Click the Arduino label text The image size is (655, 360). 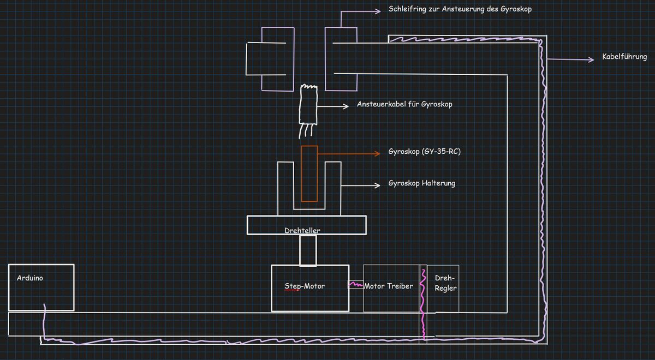pos(30,278)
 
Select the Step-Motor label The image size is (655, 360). pos(305,286)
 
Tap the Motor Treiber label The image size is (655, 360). pos(388,286)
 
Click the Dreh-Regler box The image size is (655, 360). pos(443,289)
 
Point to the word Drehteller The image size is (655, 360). pos(302,230)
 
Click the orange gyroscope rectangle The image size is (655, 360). pos(309,173)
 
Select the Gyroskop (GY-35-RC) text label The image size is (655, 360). pos(425,152)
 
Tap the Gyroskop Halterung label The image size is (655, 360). pos(422,183)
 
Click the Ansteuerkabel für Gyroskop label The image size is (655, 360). pos(404,104)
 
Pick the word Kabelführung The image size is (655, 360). pos(624,57)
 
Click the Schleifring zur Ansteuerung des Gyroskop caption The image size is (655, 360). pos(460,9)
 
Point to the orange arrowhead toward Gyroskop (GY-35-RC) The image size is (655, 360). pos(377,153)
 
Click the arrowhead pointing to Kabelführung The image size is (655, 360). pos(591,59)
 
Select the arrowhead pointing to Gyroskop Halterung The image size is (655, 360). pos(377,185)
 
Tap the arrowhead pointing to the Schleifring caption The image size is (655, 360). pos(378,11)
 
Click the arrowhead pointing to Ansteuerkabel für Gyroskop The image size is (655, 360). pos(346,106)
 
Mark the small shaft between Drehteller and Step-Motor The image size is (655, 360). pos(308,250)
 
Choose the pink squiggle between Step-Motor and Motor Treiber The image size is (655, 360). pos(355,284)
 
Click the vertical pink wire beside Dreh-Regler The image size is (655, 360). pos(423,304)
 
